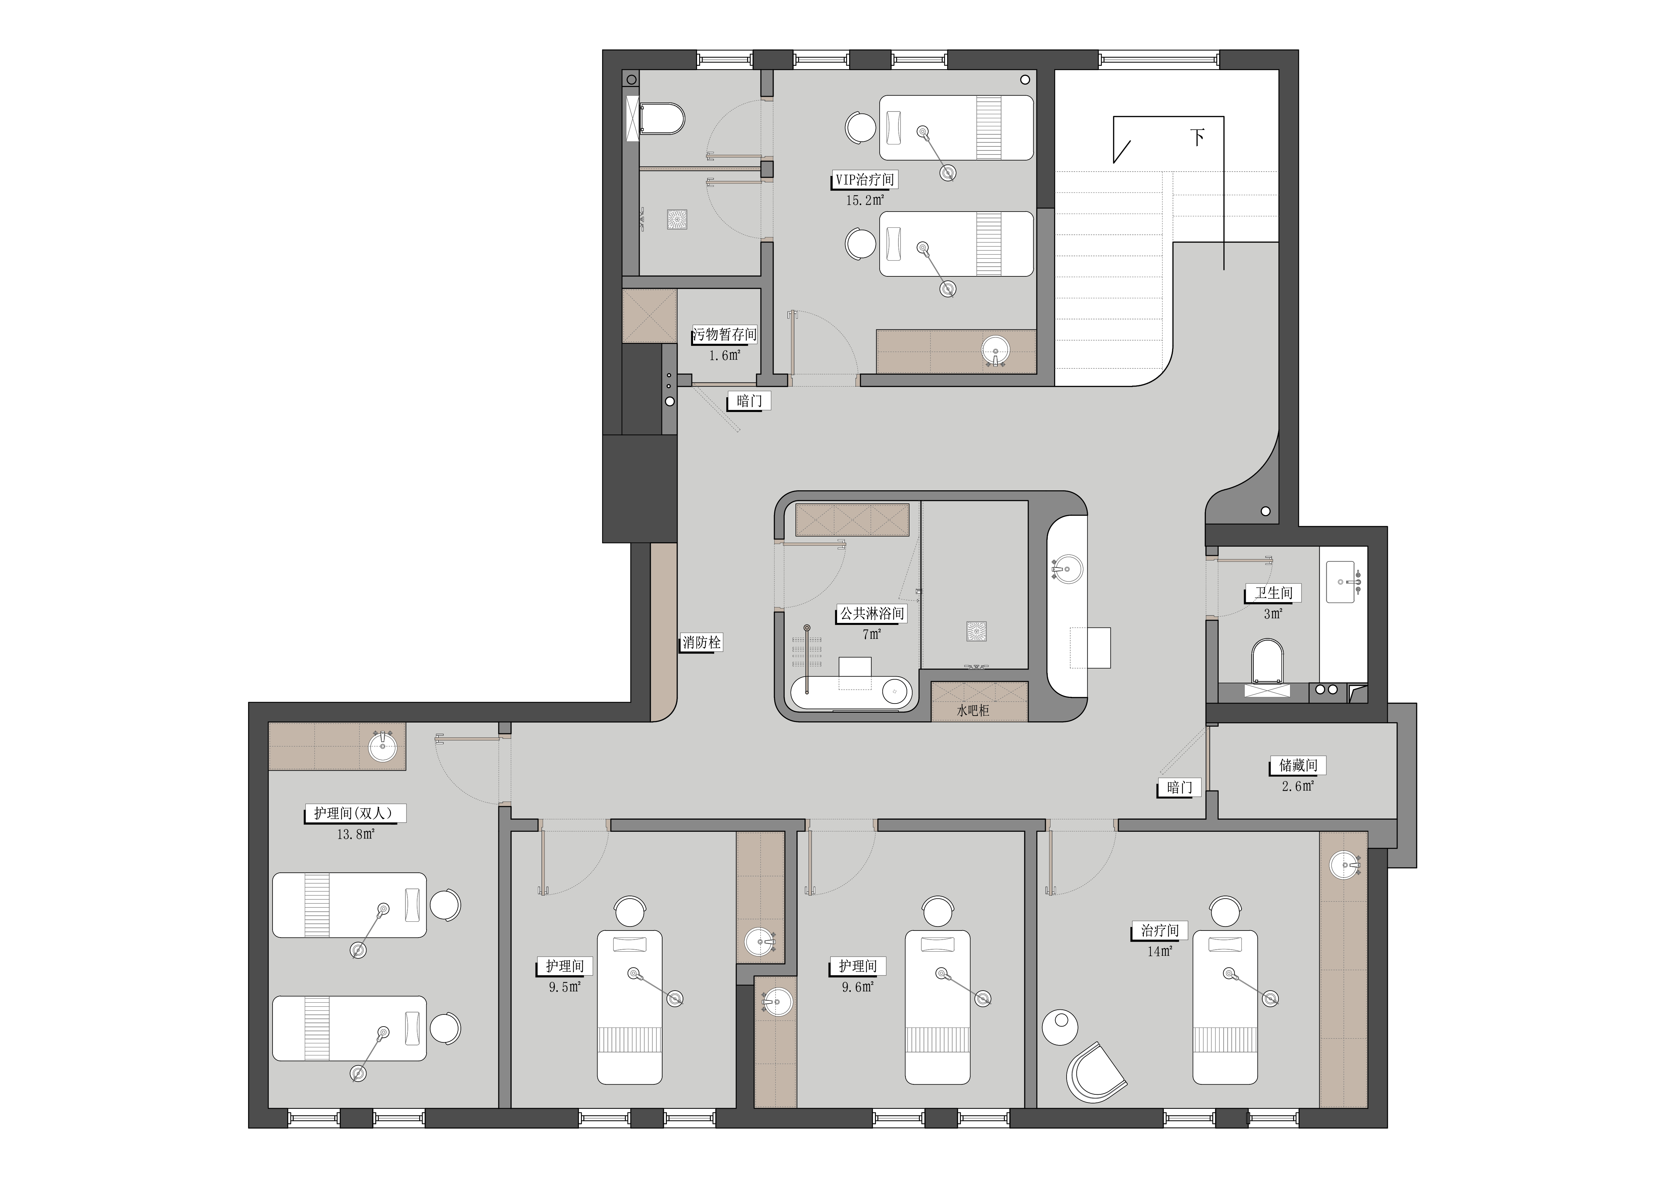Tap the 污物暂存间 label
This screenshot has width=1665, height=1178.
[725, 334]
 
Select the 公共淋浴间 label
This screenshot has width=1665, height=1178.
[872, 614]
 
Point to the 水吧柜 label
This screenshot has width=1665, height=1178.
[973, 711]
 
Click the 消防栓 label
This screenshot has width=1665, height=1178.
[701, 643]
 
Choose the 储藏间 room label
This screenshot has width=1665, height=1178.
[1298, 765]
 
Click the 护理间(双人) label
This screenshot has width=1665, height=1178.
[354, 813]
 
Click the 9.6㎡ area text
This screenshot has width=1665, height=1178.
[858, 987]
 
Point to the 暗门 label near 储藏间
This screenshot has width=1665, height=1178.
[1180, 788]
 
